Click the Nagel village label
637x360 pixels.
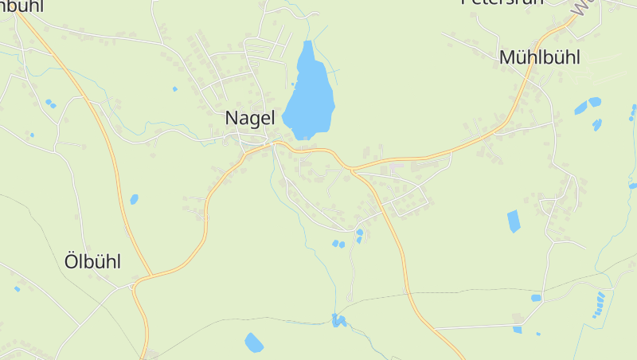point(249,118)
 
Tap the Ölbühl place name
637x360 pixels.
point(92,261)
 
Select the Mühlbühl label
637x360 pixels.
point(539,57)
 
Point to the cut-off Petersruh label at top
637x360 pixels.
point(502,2)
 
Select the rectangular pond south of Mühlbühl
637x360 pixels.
point(514,221)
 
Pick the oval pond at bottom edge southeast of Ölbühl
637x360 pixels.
point(253,342)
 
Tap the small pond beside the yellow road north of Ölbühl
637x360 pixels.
point(134,199)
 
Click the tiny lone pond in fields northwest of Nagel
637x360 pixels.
point(174,88)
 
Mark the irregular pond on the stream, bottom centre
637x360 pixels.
point(339,321)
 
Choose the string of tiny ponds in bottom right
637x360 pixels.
point(599,304)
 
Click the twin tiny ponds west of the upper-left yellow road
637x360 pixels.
point(50,104)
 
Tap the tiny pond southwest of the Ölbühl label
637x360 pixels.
point(17,288)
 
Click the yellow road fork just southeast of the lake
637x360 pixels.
point(350,170)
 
